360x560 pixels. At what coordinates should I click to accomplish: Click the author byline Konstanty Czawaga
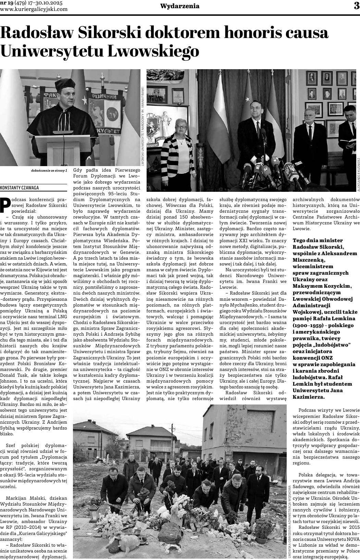(x=20, y=188)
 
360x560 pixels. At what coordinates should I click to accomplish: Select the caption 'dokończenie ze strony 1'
(x=49, y=170)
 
